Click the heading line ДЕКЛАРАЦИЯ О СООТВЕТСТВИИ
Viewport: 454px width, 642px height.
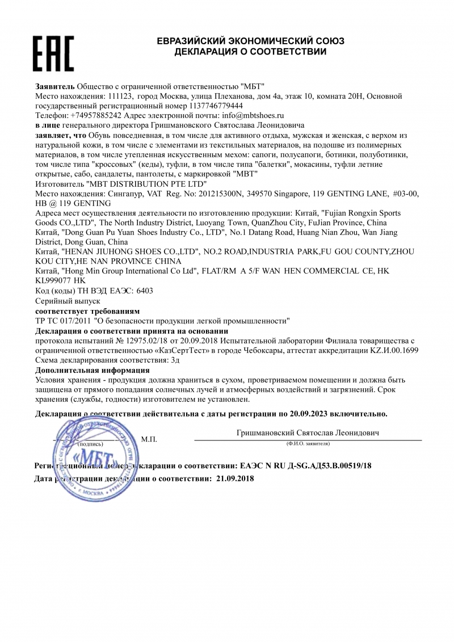pos(250,52)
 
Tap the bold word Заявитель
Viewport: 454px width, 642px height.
pos(54,86)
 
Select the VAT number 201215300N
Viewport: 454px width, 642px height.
pos(220,194)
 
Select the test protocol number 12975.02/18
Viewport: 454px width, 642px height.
pos(142,341)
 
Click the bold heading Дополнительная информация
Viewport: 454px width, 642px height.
pos(92,370)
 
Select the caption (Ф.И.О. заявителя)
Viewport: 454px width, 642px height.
pos(308,443)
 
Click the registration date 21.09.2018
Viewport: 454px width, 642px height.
pos(236,479)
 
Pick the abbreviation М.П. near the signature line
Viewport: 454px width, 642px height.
pos(149,439)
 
